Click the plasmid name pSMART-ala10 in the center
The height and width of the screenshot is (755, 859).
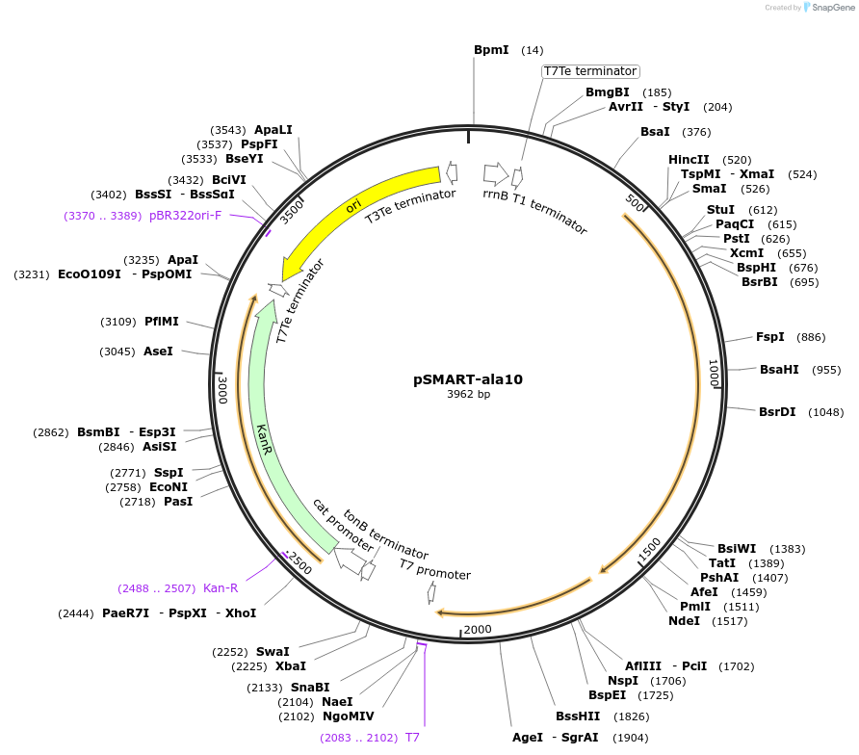467,379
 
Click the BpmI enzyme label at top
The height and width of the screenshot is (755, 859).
491,49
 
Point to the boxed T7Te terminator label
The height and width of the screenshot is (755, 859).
589,71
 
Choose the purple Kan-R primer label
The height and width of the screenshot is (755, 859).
221,587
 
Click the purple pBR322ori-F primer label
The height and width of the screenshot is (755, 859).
185,216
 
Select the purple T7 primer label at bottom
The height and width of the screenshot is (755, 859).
412,738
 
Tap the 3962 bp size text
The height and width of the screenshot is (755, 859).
468,395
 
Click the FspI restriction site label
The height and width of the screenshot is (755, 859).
769,337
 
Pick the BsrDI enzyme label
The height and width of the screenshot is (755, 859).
777,412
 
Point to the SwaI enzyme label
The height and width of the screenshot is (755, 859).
273,652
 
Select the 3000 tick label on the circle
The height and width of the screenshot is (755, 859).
222,389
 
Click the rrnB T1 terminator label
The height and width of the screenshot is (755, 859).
534,210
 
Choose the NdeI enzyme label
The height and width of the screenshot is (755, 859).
684,621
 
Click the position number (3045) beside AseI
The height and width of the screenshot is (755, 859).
117,351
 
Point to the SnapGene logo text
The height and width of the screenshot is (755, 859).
834,8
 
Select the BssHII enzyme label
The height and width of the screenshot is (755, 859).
578,716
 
